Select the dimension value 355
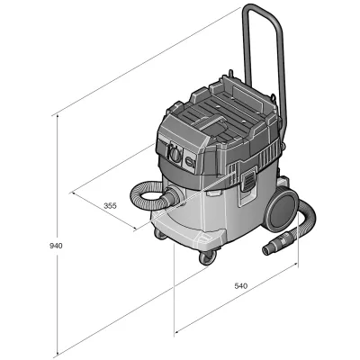tap(110, 206)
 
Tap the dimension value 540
tap(240, 285)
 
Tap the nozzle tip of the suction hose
tap(268, 247)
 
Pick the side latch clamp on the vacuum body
tap(247, 182)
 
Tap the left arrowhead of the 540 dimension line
tap(176, 328)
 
